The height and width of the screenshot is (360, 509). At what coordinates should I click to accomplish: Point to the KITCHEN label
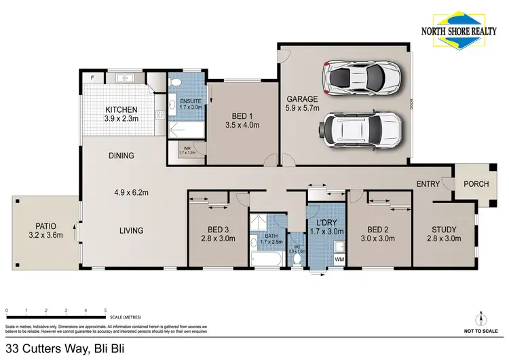click(x=121, y=109)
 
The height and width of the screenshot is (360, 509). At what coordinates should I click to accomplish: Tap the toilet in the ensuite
click(x=176, y=84)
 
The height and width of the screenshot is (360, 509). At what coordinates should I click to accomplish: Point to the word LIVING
click(x=131, y=231)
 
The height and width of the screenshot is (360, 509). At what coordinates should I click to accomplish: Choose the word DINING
click(x=121, y=156)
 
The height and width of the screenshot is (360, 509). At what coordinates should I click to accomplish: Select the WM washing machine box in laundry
click(x=339, y=259)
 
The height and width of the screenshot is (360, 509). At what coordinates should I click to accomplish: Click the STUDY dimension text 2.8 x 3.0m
click(x=444, y=238)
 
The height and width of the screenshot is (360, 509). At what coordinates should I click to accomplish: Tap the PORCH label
click(x=476, y=184)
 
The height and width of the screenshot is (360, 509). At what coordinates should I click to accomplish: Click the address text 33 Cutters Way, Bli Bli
click(x=64, y=348)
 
